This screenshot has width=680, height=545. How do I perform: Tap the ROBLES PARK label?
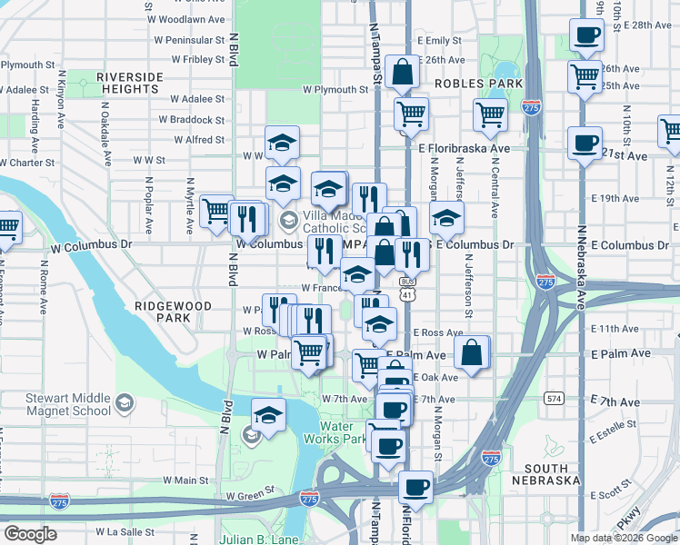pyautogui.click(x=478, y=84)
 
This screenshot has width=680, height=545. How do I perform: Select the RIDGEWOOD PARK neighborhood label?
pyautogui.click(x=173, y=312)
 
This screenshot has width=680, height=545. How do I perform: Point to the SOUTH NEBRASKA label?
pyautogui.click(x=545, y=473)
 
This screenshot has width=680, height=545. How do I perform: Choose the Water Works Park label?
pyautogui.click(x=340, y=432)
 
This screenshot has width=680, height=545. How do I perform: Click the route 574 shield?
pyautogui.click(x=555, y=398)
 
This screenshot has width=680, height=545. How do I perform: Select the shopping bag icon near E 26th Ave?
pyautogui.click(x=401, y=73)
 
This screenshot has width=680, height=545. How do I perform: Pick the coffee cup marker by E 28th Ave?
pyautogui.click(x=586, y=35)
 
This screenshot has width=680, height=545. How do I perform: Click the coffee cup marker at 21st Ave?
pyautogui.click(x=585, y=143)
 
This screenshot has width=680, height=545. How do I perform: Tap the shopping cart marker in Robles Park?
pyautogui.click(x=490, y=114)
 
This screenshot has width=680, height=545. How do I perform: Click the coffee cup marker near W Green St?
pyautogui.click(x=415, y=486)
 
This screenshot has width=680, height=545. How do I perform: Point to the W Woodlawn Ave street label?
pyautogui.click(x=193, y=19)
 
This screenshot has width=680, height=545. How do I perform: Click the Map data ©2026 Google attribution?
pyautogui.click(x=625, y=538)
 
